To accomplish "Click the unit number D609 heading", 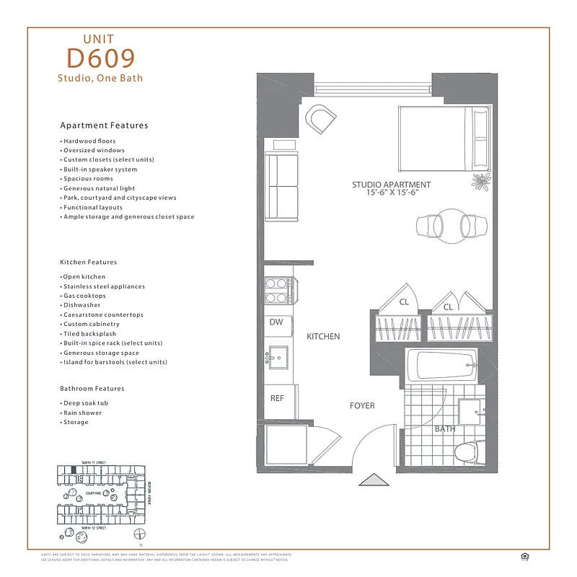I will point(100,57).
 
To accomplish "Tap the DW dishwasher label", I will point(276,322).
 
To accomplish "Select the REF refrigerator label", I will point(277,397).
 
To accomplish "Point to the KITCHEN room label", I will point(322,337).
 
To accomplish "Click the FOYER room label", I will point(362,406).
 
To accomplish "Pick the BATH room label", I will point(444,429).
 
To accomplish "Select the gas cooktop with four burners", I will point(277,290).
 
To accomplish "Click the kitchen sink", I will point(277,356).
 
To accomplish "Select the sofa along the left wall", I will point(281,186).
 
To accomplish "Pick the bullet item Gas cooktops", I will point(84,296).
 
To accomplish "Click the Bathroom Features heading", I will point(92,389).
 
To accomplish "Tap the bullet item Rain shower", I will point(82,413).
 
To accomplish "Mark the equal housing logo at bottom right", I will point(524,555).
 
